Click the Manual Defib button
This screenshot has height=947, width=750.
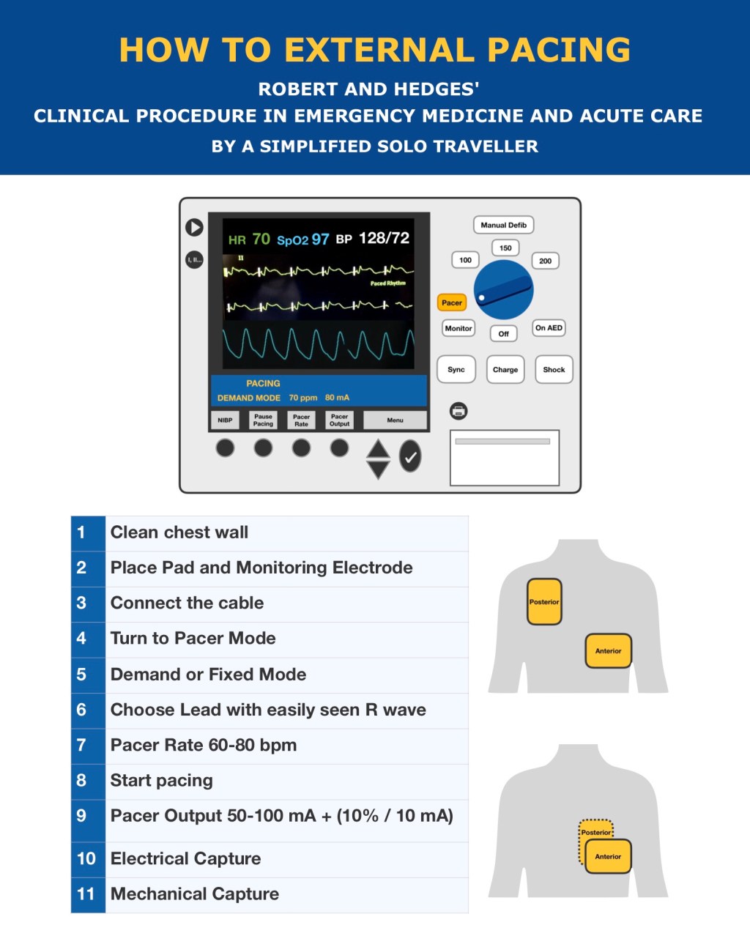pos(503,225)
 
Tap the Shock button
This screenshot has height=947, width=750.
pos(554,370)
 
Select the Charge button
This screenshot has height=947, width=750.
pos(505,370)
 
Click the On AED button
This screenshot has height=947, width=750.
pos(549,328)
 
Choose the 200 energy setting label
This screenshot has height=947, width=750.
pos(545,261)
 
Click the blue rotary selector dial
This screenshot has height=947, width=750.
pos(503,290)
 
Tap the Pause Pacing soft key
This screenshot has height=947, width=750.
pos(263,420)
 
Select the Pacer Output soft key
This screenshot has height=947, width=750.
pos(339,420)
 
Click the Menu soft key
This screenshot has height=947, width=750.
pos(395,420)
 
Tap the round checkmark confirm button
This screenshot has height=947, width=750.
pos(410,456)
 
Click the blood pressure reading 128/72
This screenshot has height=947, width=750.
pos(384,238)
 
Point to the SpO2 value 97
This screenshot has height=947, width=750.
pos(320,239)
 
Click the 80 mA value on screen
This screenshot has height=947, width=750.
pos(337,398)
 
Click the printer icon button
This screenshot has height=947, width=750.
pos(458,411)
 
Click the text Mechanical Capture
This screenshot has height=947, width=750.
pos(195,894)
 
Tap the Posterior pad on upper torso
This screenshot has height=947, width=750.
pos(544,601)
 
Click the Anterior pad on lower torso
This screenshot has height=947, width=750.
pos(608,856)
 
